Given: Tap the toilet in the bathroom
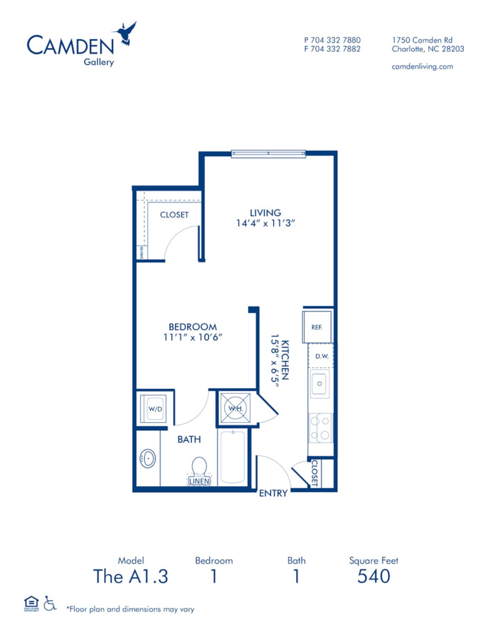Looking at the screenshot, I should tap(199, 467).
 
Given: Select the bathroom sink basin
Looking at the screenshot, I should tap(148, 458).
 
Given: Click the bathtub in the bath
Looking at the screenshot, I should tap(232, 457).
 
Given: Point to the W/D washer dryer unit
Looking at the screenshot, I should tap(155, 409).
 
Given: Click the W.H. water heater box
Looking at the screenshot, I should tap(235, 408).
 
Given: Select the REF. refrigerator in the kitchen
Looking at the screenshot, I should tap(317, 327).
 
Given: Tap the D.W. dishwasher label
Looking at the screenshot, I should tap(321, 356).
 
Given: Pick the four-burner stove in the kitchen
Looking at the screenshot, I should tap(320, 428).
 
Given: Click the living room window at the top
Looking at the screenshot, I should tap(268, 153).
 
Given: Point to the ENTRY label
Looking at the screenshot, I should tap(273, 493).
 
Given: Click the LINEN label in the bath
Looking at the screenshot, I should tap(199, 481).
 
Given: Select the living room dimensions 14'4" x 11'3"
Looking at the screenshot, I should tap(265, 223).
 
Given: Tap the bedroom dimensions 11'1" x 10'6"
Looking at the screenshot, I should tap(193, 337).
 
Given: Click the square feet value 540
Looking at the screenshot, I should tap(374, 576).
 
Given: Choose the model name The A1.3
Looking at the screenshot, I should tap(130, 576).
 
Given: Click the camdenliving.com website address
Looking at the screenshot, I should tap(422, 67).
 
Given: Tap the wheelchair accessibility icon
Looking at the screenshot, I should tap(50, 603).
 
